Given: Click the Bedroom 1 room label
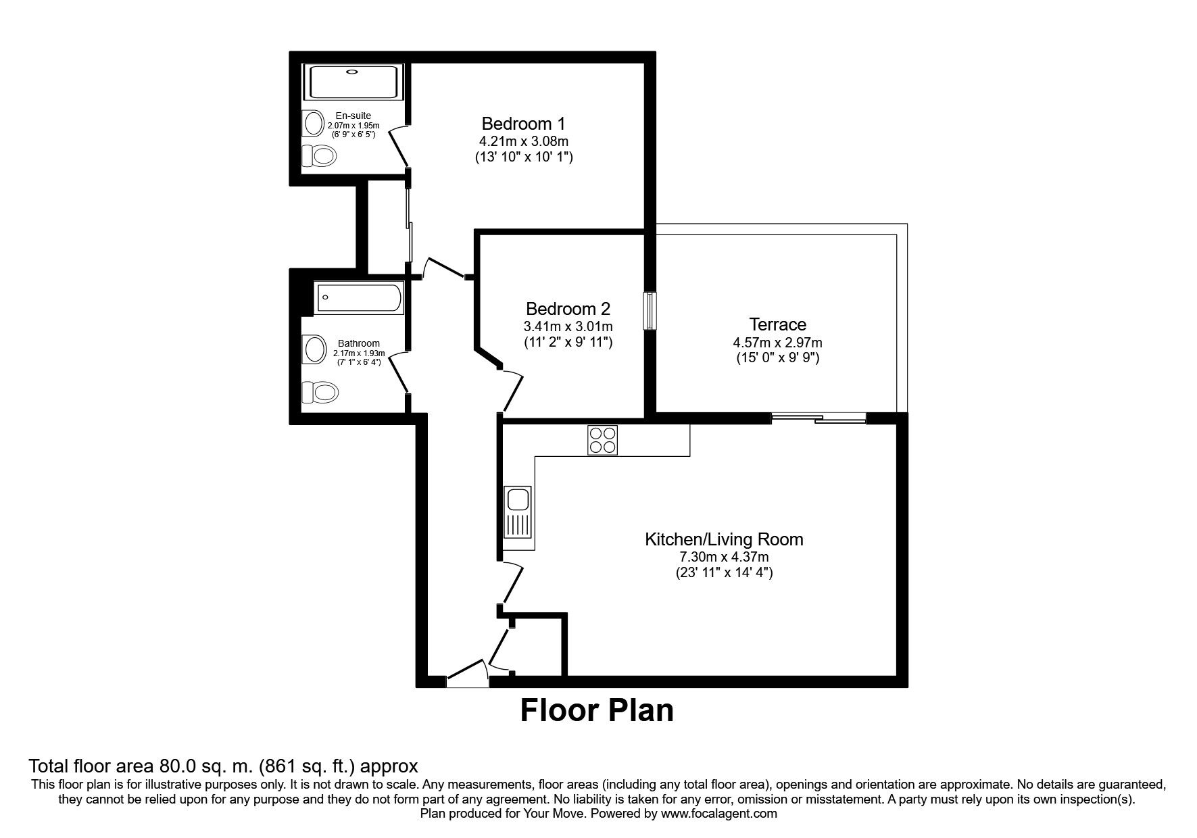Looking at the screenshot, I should (523, 124).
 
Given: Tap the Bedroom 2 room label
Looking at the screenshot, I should (568, 309).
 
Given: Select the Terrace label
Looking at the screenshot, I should (777, 324).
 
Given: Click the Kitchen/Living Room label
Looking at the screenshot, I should (724, 539).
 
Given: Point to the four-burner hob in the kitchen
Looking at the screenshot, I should (602, 440).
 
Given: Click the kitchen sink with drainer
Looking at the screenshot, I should (518, 512).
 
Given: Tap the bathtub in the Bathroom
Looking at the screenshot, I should (358, 298).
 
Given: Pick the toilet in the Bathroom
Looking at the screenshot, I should (320, 392).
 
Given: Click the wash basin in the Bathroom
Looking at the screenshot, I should (314, 349).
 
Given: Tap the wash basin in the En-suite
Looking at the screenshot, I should (314, 124).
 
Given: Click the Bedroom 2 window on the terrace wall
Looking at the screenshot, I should (650, 311).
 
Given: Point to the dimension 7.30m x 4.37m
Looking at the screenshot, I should (724, 558).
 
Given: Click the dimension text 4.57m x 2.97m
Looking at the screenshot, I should (777, 343).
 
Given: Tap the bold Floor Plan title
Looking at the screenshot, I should (597, 711).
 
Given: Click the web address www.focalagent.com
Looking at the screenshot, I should (719, 814).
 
